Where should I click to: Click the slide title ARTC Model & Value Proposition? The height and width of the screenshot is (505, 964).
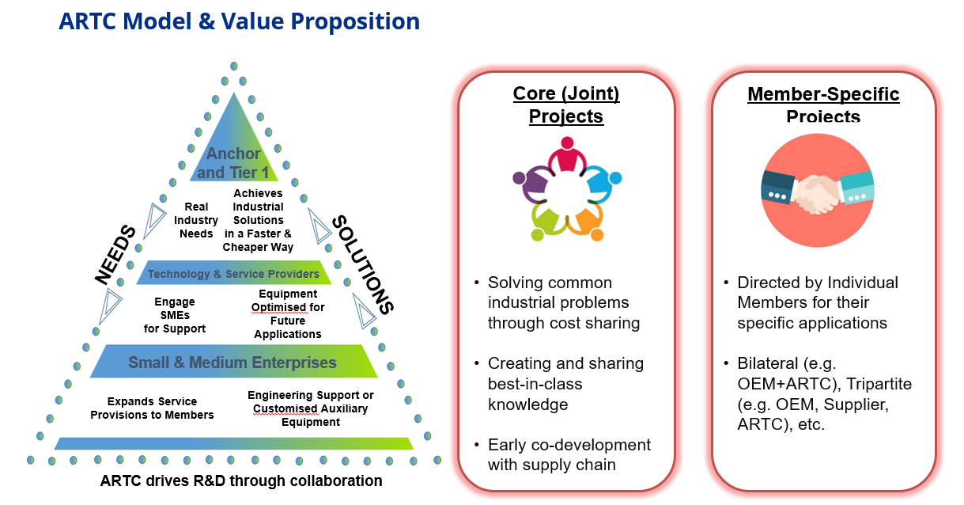coord(239,21)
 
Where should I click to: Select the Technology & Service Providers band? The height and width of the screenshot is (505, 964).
coord(233,274)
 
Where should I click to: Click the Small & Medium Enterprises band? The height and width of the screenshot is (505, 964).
coord(232,363)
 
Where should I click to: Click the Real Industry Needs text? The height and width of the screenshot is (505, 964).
coord(196,220)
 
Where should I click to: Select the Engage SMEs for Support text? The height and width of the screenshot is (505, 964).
coord(175,315)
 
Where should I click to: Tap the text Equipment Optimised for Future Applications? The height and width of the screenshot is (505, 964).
coord(288,314)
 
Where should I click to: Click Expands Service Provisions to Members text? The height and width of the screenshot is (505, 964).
coord(152,408)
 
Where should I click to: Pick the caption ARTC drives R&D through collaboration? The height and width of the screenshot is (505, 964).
coord(241,480)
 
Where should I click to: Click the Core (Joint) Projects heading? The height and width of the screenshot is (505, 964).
coord(566,105)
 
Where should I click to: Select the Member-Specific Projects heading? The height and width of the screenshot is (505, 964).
coord(823,105)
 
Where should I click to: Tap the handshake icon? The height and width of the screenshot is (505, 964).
coord(817,192)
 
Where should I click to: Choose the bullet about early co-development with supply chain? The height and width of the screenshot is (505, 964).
coord(569,454)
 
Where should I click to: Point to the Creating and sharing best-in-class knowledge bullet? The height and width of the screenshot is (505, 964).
coord(565,384)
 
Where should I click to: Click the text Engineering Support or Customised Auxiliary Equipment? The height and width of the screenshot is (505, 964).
coord(310,408)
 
